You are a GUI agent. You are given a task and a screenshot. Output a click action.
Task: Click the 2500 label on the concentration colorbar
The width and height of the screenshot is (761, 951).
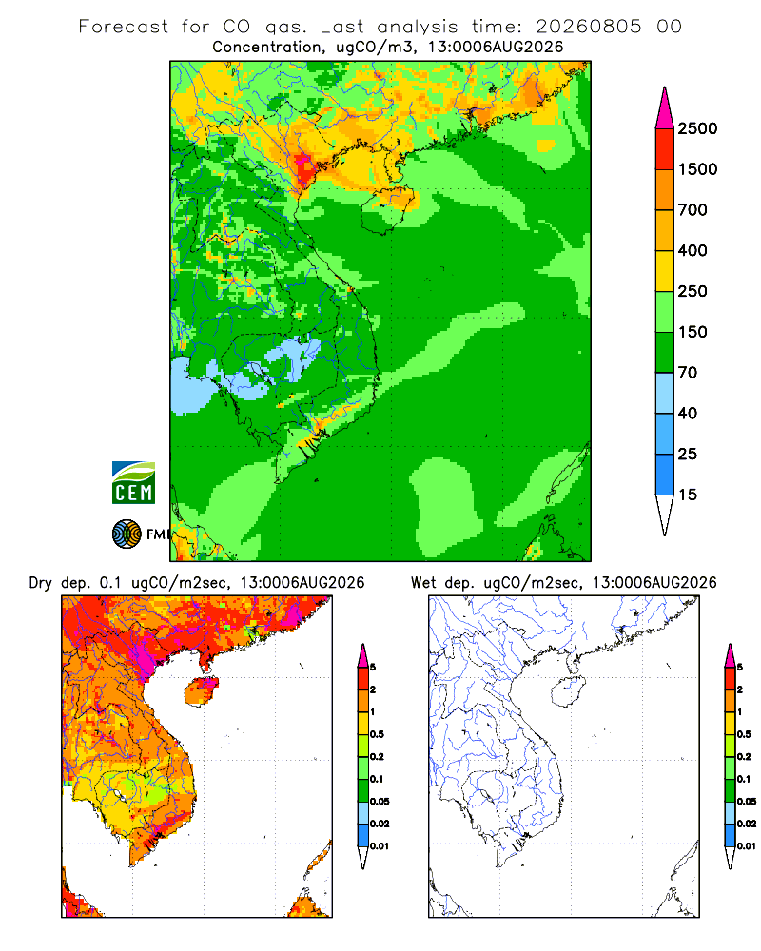tap(697, 128)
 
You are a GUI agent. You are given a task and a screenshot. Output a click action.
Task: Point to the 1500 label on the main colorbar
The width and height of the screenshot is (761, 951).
tap(697, 169)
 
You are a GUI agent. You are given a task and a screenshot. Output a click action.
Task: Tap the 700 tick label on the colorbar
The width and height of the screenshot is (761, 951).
tap(693, 210)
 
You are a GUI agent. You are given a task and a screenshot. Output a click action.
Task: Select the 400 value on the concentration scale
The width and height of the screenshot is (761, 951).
tap(693, 250)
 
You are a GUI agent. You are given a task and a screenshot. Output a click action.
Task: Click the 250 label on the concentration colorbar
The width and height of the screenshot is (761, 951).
tap(693, 291)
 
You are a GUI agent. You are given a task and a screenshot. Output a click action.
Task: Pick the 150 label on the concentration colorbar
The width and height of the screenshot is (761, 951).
tap(693, 332)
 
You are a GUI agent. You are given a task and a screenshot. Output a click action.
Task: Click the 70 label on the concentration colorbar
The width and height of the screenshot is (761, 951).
tap(688, 373)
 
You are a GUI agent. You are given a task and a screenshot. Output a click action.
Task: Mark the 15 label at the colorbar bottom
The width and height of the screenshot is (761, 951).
tap(688, 495)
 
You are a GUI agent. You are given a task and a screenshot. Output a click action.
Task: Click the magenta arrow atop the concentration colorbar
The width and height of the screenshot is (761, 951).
tap(665, 108)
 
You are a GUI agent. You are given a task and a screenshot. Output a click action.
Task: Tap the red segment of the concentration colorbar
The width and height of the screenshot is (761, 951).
tap(665, 149)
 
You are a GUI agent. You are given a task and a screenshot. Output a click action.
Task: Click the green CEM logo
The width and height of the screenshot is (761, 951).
tap(133, 482)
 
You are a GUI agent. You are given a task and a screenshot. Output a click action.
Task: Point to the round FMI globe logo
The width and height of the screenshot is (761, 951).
tap(127, 534)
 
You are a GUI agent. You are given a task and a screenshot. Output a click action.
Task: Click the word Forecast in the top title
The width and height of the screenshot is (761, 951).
tap(124, 27)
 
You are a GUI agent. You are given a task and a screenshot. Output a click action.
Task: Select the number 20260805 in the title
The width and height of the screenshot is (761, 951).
tap(588, 27)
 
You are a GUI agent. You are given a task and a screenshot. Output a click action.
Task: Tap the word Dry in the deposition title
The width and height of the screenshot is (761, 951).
tap(41, 583)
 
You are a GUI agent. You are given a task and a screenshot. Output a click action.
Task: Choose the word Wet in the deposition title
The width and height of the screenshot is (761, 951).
tap(423, 583)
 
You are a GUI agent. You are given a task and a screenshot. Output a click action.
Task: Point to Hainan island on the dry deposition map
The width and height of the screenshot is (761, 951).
tap(202, 692)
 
